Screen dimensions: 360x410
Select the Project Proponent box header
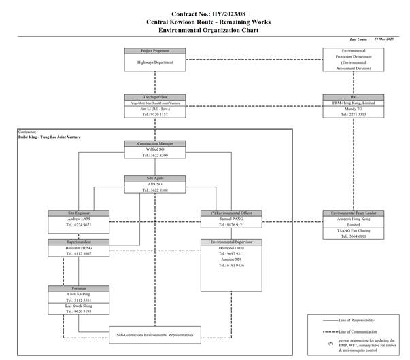pyautogui.click(x=156, y=51)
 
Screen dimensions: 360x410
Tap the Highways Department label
pyautogui.click(x=156, y=62)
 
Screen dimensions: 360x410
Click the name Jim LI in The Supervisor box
pyautogui.click(x=156, y=109)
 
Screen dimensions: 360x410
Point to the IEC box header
pyautogui.click(x=353, y=97)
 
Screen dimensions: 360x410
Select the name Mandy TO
pyautogui.click(x=353, y=109)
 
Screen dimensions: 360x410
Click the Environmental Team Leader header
pyautogui.click(x=353, y=213)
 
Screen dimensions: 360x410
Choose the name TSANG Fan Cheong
pyautogui.click(x=353, y=230)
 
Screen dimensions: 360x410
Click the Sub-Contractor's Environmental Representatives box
pyautogui.click(x=156, y=335)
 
